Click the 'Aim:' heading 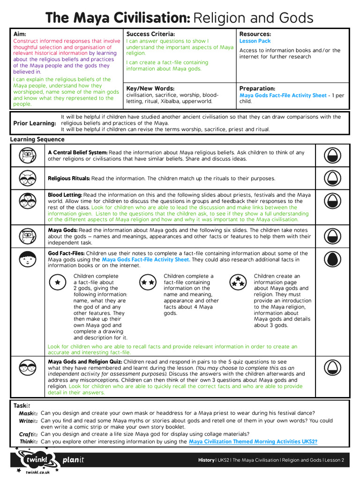coord(20,34)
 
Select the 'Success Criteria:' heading coord(150,34)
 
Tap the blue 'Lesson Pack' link coord(255,41)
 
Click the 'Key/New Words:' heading coord(150,88)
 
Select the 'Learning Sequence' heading coord(37,140)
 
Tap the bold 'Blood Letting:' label coord(65,195)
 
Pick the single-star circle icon coord(58,282)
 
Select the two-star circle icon coord(148,282)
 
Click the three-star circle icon coord(238,282)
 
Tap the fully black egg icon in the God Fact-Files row coord(331,259)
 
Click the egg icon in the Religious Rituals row coord(331,178)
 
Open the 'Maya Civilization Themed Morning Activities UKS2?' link coord(253,442)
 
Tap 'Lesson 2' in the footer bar coord(334,460)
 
